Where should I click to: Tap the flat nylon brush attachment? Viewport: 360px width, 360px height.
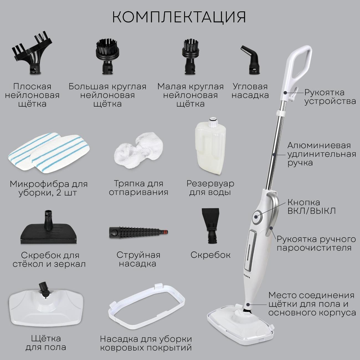pyautogui.click(x=32, y=54)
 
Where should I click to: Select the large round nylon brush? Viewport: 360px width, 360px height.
pyautogui.click(x=108, y=56)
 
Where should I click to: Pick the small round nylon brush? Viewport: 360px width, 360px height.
pyautogui.click(x=190, y=56)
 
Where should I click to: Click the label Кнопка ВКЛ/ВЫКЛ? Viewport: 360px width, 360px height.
pyautogui.click(x=312, y=207)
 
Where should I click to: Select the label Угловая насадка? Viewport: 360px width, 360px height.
pyautogui.click(x=250, y=91)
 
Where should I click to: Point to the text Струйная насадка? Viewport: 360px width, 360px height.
pyautogui.click(x=138, y=259)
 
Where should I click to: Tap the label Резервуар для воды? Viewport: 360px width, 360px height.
pyautogui.click(x=210, y=188)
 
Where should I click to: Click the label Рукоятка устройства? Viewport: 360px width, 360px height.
pyautogui.click(x=330, y=97)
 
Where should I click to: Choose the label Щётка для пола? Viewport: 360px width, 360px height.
pyautogui.click(x=46, y=343)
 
